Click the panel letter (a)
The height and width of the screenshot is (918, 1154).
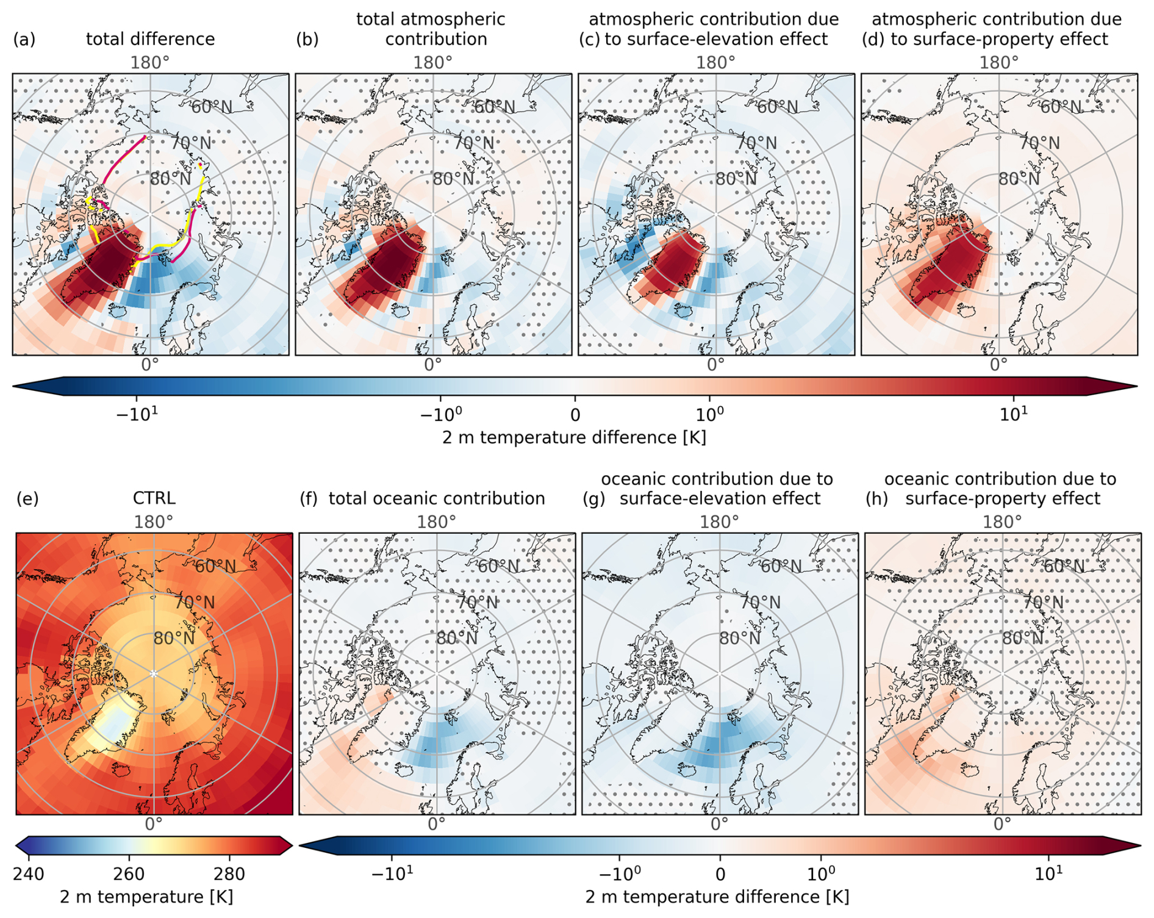[x=24, y=40]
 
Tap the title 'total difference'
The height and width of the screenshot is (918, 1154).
[x=150, y=40]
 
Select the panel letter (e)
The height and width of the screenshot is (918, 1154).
[x=27, y=498]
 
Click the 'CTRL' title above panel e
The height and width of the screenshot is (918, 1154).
[x=154, y=498]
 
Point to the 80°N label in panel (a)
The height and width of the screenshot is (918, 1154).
[x=170, y=179]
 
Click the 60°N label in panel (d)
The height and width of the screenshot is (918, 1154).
[x=1060, y=107]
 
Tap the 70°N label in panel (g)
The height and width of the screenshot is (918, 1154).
[x=760, y=603]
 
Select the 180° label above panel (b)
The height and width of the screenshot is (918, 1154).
[x=433, y=63]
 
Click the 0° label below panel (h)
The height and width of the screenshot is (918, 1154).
[x=1002, y=824]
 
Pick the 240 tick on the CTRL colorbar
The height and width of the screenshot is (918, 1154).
[x=28, y=874]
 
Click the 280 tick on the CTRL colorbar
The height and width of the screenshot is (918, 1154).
[x=229, y=874]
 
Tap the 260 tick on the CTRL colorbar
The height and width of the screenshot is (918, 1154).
[x=129, y=874]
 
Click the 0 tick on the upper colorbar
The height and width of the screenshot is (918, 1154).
[x=575, y=415]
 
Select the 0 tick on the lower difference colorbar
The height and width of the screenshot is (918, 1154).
[x=720, y=874]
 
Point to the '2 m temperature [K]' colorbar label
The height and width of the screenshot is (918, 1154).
[x=146, y=897]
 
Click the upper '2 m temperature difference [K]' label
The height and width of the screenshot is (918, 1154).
[x=574, y=437]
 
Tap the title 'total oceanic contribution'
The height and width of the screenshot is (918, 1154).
[x=437, y=498]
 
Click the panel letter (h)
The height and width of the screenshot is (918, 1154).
[x=876, y=498]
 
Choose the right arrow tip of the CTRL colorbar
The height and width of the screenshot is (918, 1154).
[x=292, y=845]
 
